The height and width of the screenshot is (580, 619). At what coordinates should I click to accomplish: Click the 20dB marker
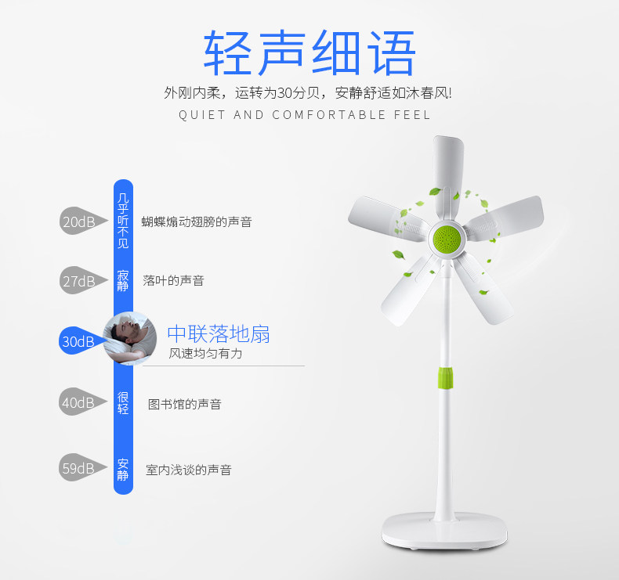pyautogui.click(x=78, y=222)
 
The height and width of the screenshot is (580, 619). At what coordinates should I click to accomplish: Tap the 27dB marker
pyautogui.click(x=78, y=281)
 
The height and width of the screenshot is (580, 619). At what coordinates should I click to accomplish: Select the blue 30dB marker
pyautogui.click(x=78, y=341)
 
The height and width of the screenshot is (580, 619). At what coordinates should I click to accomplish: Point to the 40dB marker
pyautogui.click(x=78, y=403)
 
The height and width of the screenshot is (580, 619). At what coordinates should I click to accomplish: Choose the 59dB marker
pyautogui.click(x=78, y=468)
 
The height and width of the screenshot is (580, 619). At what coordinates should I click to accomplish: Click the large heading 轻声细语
pyautogui.click(x=309, y=53)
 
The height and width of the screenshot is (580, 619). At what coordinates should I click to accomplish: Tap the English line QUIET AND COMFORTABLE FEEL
pyautogui.click(x=305, y=115)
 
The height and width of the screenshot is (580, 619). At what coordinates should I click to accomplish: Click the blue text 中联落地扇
pyautogui.click(x=219, y=333)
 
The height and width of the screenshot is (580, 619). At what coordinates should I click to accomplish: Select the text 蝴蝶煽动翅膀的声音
pyautogui.click(x=197, y=222)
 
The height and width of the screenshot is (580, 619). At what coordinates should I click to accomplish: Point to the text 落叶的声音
pyautogui.click(x=173, y=280)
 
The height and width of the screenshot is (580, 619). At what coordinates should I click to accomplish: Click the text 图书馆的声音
pyautogui.click(x=185, y=404)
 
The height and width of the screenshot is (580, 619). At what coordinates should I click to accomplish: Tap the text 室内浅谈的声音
pyautogui.click(x=189, y=470)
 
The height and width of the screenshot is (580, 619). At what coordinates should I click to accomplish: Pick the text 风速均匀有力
pyautogui.click(x=206, y=354)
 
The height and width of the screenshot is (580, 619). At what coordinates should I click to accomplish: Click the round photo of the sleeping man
pyautogui.click(x=129, y=338)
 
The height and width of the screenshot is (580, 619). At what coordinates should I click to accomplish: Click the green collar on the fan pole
pyautogui.click(x=444, y=377)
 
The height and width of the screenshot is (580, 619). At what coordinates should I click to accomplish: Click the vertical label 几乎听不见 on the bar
pyautogui.click(x=122, y=222)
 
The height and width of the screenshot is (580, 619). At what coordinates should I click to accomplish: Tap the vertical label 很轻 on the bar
pyautogui.click(x=123, y=402)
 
